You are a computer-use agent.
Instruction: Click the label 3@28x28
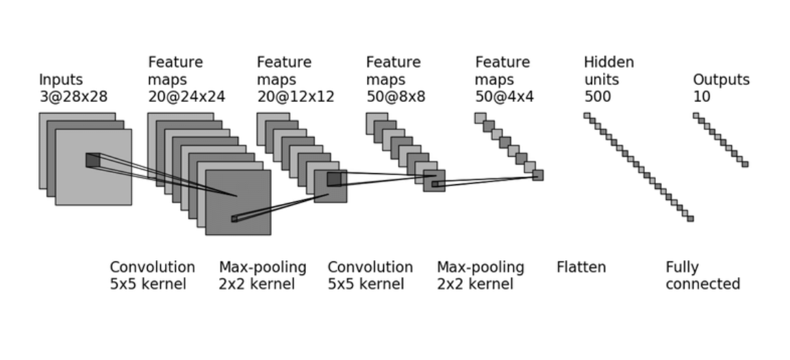pos(73,97)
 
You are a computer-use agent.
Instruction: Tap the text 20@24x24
pos(186,97)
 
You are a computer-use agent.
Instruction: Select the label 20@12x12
pos(296,97)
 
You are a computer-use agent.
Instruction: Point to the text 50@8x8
pos(396,97)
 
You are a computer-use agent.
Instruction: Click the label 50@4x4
pos(505,97)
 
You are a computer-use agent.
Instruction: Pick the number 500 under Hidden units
pos(598,97)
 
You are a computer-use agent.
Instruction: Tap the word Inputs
pos(61,80)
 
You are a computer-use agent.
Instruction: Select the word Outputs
pos(722,79)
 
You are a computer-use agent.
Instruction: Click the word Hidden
pos(609,62)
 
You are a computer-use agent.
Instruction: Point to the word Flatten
pos(581,267)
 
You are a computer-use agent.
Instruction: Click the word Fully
pos(683,268)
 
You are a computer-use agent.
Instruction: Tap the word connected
pos(703,284)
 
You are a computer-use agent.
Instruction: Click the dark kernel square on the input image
pos(93,160)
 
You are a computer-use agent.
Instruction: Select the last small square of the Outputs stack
pos(745,164)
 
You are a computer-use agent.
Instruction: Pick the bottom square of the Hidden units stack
pos(690,218)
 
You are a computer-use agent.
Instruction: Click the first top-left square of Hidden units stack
pos(587,116)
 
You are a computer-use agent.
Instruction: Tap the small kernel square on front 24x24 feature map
pos(234,219)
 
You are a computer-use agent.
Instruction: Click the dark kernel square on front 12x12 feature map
pos(334,179)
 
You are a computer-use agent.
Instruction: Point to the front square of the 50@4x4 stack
pos(537,175)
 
